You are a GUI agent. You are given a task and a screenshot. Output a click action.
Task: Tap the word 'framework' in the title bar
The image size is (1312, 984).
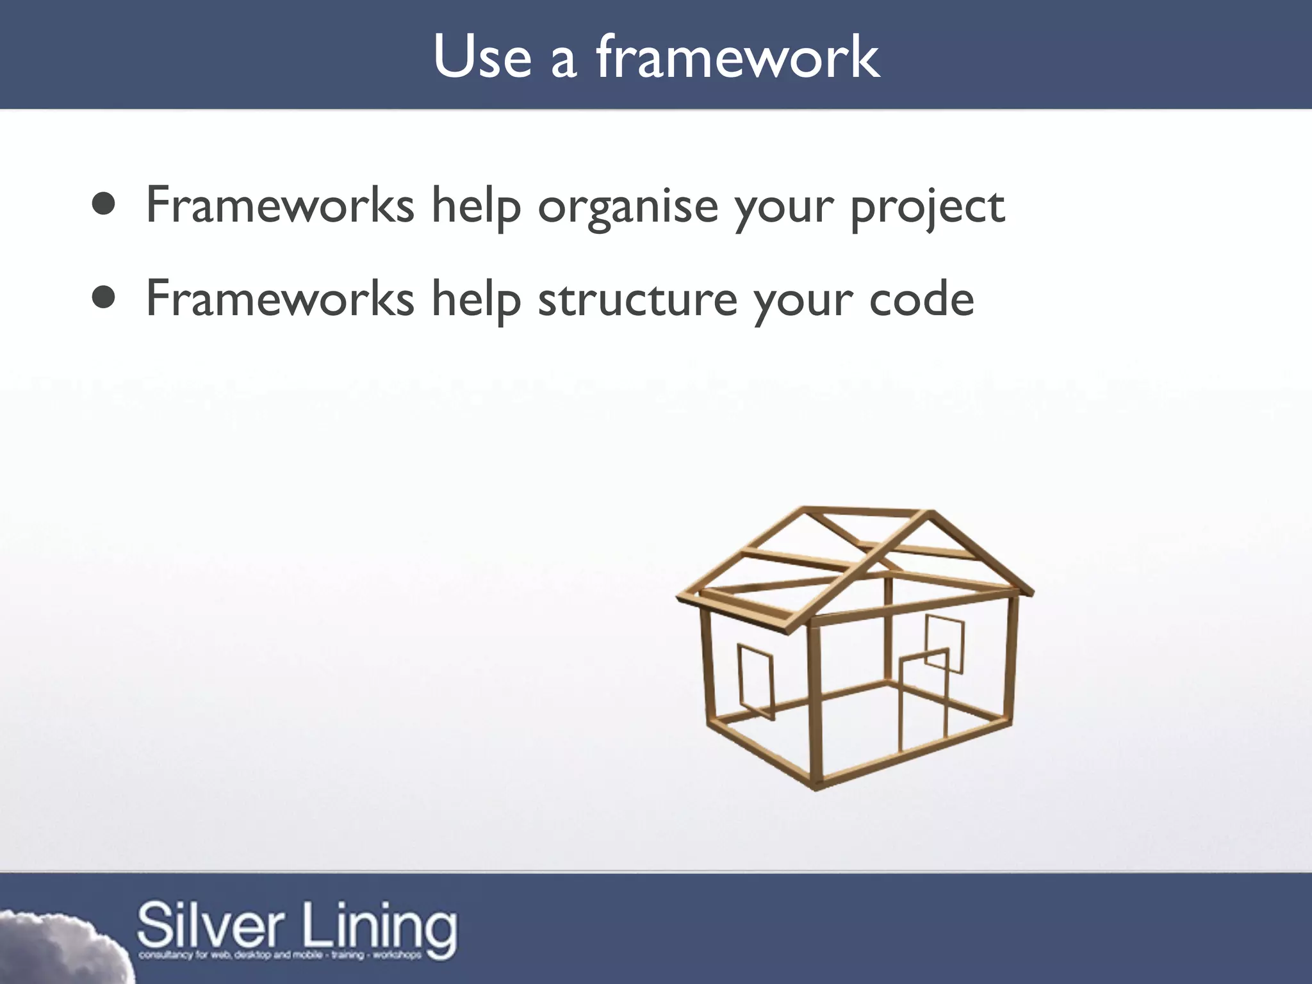coord(738,58)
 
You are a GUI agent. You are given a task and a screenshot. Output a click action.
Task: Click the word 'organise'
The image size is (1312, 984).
coord(628,206)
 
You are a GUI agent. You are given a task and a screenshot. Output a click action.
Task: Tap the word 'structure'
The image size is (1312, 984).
coord(637,299)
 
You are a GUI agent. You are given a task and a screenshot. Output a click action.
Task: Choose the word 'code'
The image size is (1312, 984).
coord(921,299)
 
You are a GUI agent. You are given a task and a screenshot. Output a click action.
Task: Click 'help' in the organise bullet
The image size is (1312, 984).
coord(475,206)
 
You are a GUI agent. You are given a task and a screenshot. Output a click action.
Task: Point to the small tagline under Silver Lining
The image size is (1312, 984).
coord(280,955)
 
